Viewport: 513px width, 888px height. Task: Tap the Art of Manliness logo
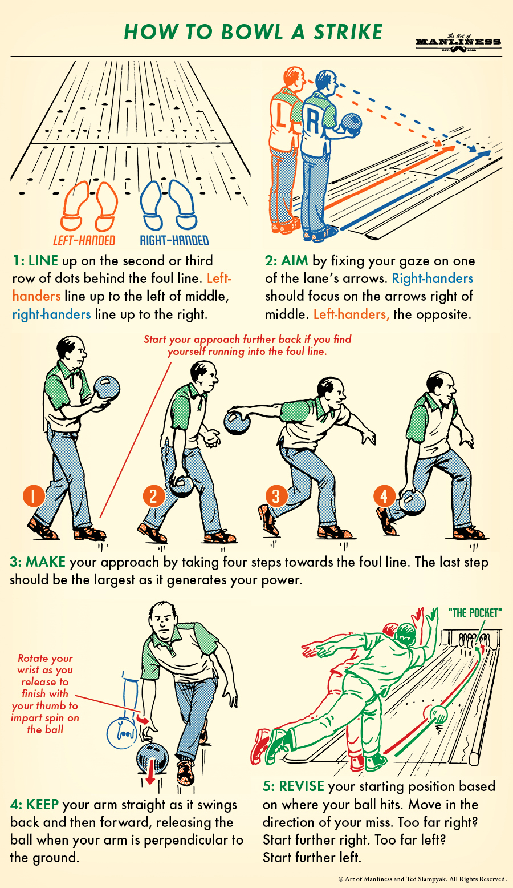point(458,42)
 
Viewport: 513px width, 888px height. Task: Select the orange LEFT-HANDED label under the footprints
point(84,240)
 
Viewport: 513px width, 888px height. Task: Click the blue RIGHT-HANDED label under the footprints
point(174,240)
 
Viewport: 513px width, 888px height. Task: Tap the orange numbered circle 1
point(34,496)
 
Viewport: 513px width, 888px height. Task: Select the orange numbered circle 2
point(153,495)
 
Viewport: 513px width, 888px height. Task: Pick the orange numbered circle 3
point(276,495)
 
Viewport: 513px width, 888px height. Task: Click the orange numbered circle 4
point(384,496)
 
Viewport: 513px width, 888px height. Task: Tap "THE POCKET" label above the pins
point(475,613)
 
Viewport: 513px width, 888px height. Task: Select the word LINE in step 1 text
point(43,261)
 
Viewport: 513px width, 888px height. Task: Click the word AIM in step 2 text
point(295,261)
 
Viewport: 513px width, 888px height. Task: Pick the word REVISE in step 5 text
point(302,786)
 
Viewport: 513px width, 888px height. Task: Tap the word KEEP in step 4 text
point(42,805)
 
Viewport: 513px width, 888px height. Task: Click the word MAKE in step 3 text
point(46,562)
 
